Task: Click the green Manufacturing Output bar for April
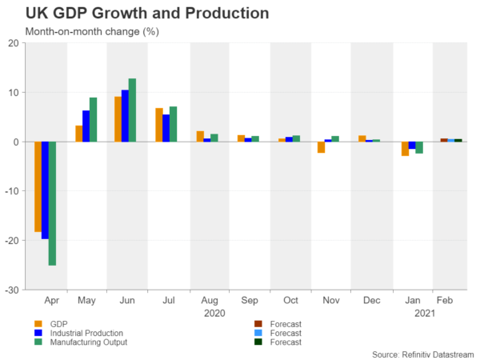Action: coord(52,203)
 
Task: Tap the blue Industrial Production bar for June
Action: coord(125,115)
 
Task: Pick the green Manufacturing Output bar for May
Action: coord(93,119)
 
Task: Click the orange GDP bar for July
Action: coord(159,125)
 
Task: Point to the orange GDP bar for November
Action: coord(321,147)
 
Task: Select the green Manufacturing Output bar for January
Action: coord(418,147)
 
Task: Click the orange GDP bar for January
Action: coord(406,149)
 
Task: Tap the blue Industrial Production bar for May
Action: coord(86,126)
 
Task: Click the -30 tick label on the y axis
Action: coord(14,289)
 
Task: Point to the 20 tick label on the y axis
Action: coord(15,43)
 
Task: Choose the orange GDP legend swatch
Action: coord(28,323)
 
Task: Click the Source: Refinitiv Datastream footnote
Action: coord(423,353)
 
